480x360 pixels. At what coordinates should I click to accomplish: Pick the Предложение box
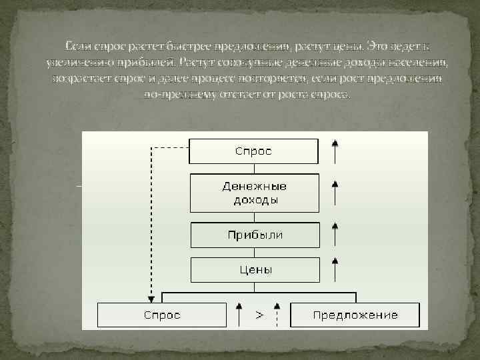click(355, 315)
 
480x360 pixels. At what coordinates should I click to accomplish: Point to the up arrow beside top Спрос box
click(335, 151)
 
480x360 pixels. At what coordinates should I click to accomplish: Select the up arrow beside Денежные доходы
click(335, 192)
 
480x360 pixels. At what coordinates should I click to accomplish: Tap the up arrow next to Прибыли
click(335, 235)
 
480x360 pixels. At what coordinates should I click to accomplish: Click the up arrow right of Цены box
click(335, 270)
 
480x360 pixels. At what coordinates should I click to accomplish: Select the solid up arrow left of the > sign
click(238, 315)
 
